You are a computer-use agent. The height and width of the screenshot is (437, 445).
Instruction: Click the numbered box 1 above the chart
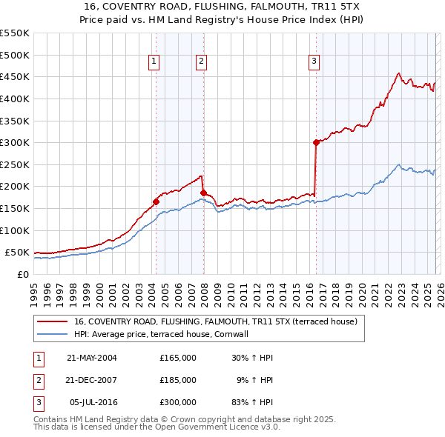[x=154, y=61]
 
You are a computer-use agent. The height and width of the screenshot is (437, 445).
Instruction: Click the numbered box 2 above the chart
[x=201, y=61]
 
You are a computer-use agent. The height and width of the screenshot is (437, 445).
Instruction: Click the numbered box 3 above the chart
[x=314, y=61]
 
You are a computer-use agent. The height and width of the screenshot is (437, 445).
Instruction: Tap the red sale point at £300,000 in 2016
[x=316, y=142]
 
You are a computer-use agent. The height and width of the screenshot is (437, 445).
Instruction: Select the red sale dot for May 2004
[x=156, y=201]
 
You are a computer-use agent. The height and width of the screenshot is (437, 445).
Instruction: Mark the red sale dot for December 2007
[x=203, y=193]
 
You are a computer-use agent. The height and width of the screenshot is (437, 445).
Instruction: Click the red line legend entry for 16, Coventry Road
[x=216, y=321]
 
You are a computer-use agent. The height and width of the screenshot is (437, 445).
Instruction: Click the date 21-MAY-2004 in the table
[x=92, y=358]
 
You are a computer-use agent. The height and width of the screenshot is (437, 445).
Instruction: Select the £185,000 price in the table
[x=178, y=379]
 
